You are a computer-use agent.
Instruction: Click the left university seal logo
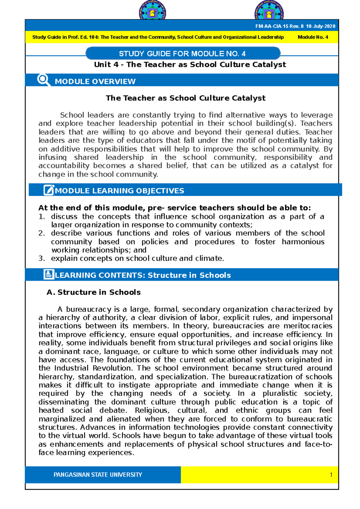coord(152,11)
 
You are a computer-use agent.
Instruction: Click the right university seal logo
coord(269,11)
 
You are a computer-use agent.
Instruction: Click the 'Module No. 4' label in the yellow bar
coord(313,37)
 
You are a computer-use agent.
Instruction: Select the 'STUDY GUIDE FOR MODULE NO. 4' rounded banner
coord(182,54)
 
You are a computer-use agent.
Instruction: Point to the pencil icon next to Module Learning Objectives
coord(49,190)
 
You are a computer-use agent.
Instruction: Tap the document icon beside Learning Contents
coord(48,275)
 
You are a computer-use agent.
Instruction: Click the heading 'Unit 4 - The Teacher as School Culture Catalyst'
coord(190,64)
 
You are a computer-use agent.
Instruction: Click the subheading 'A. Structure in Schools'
coord(93,292)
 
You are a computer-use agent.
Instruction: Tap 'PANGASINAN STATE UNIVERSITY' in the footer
coord(98,475)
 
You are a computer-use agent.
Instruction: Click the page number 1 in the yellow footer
coord(331,475)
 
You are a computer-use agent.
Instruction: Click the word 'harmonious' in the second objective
coord(303,242)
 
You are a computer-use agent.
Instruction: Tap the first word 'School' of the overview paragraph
coord(72,115)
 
